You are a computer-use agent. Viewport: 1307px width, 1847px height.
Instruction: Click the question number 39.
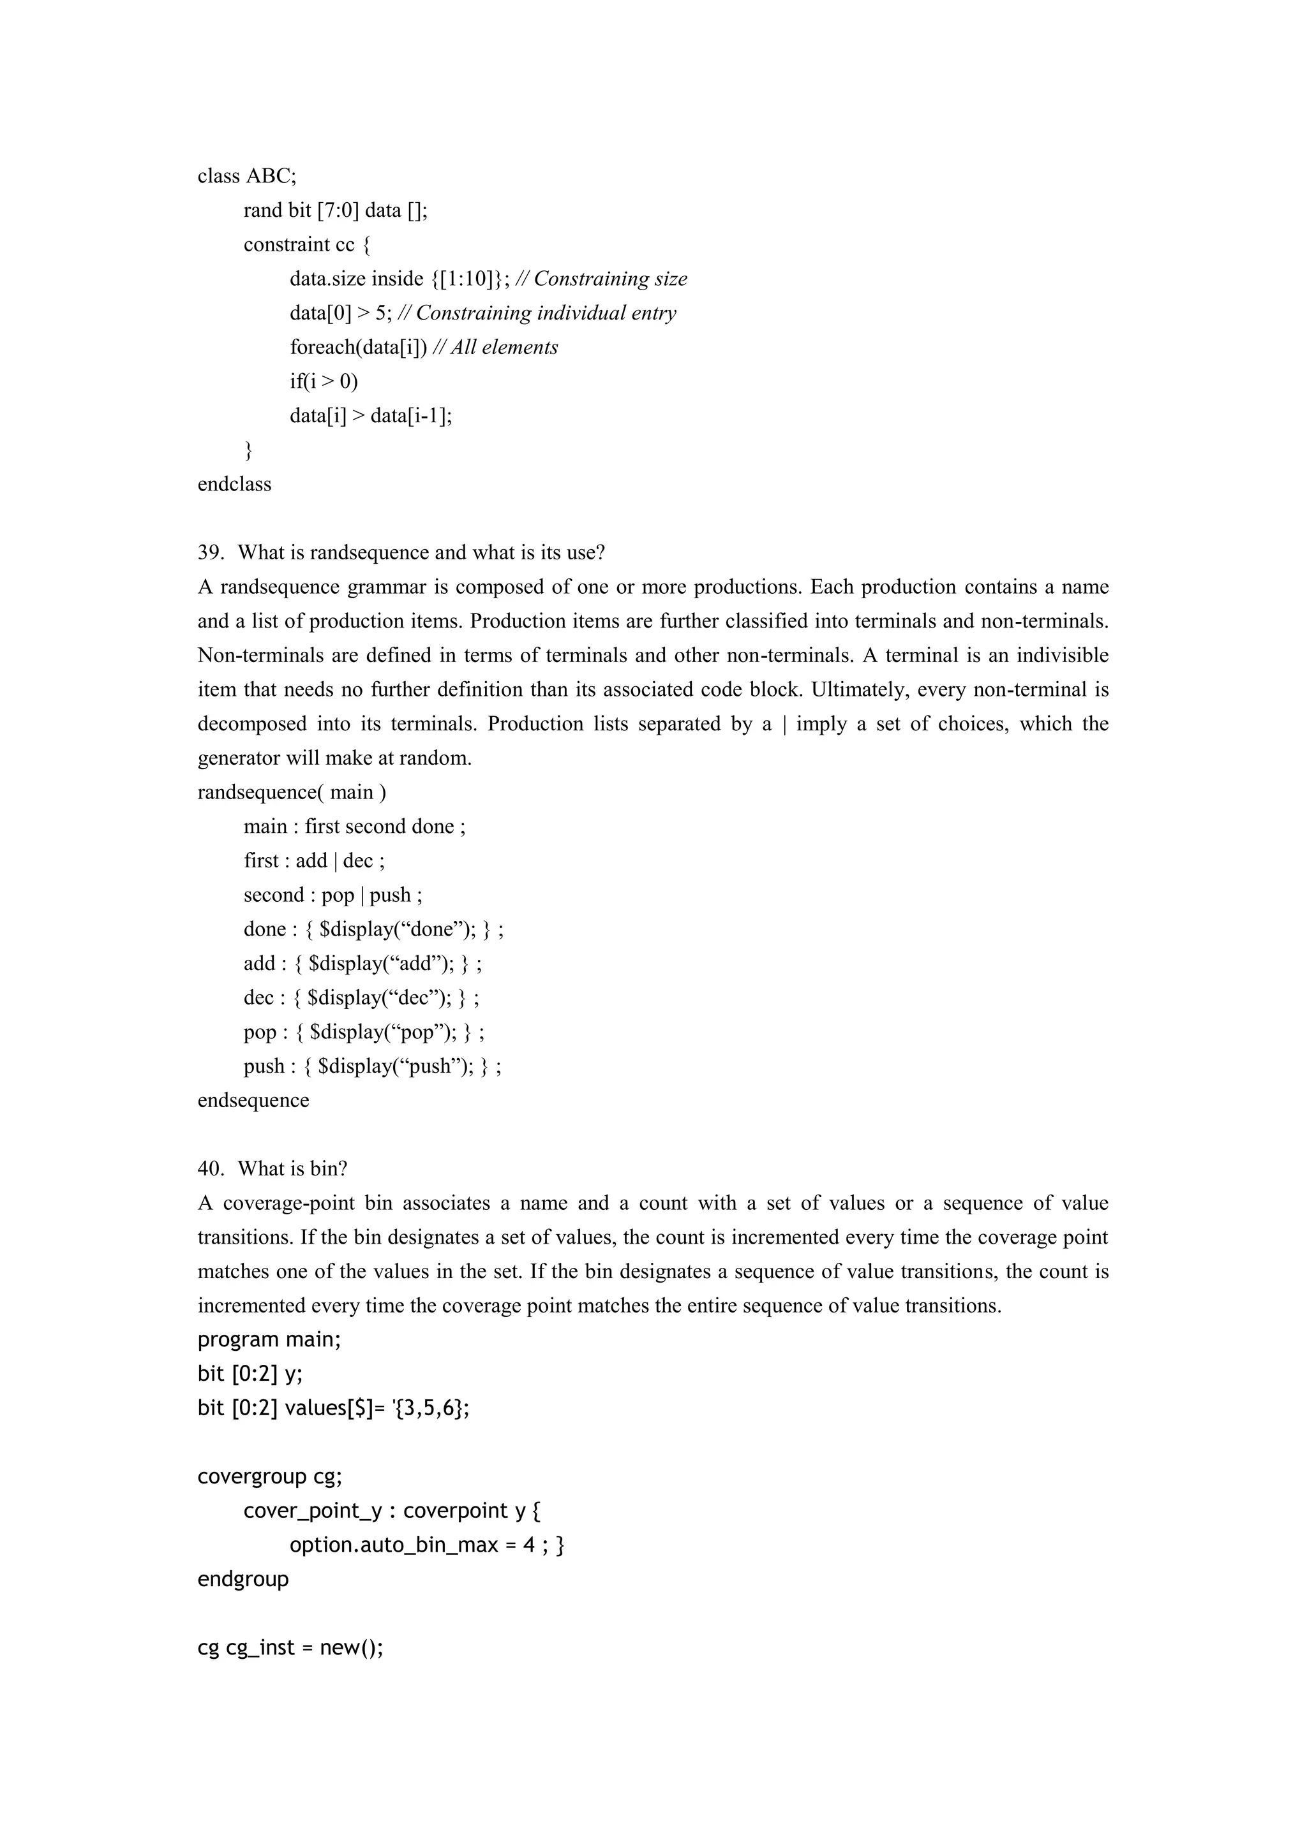[210, 553]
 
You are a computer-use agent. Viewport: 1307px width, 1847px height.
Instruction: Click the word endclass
[234, 484]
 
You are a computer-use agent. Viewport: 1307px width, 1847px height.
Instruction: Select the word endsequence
[253, 1100]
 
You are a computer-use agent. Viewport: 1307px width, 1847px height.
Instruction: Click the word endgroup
[243, 1579]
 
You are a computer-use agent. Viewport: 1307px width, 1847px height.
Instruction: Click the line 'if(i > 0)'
[324, 381]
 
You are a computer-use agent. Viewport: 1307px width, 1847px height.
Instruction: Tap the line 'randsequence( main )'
[292, 792]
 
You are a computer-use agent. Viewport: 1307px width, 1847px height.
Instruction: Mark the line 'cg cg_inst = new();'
[290, 1647]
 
